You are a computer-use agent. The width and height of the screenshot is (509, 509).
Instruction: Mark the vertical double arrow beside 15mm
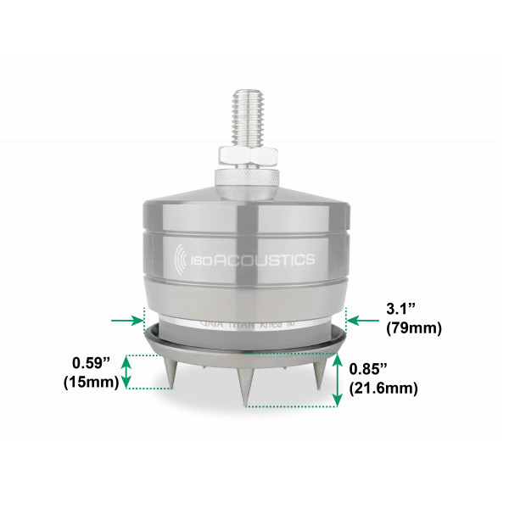coord(127,372)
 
